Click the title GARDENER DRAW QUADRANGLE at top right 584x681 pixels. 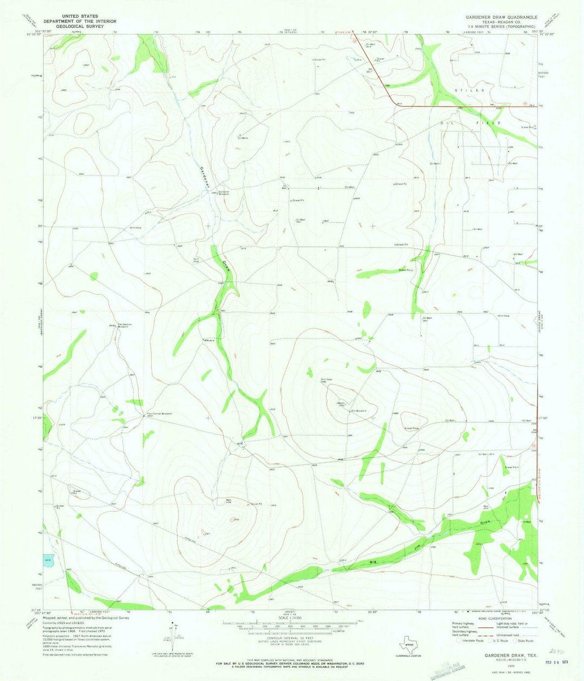501,17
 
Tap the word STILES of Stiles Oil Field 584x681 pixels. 469,90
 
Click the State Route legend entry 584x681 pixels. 522,640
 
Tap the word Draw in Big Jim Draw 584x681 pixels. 485,523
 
